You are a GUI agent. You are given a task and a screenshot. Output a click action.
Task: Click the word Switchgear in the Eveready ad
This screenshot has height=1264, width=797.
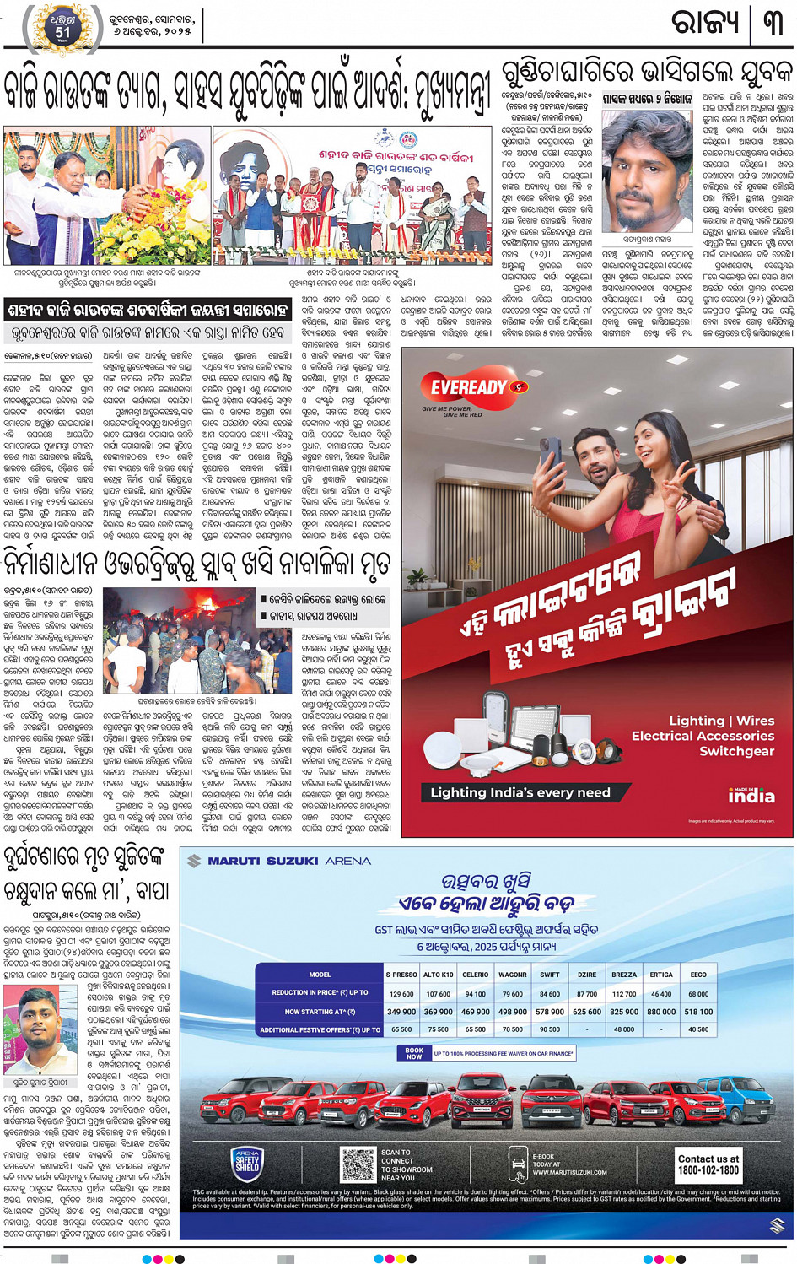point(736,751)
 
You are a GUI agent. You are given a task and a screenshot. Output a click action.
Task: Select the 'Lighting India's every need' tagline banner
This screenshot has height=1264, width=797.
point(520,792)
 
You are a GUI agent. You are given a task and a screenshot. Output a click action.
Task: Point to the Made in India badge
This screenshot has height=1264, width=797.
point(751,795)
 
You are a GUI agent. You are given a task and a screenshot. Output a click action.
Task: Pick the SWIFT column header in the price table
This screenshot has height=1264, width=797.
point(549,975)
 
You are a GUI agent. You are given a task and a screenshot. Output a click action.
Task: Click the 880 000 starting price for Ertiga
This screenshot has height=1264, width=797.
point(661,1012)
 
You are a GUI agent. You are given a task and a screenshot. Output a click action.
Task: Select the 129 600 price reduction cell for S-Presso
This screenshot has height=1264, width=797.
point(401,993)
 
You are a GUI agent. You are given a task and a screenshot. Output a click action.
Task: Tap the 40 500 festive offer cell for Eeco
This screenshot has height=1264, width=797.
point(698,1029)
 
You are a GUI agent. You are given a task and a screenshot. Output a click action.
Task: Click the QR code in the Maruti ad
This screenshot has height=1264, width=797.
point(358,1164)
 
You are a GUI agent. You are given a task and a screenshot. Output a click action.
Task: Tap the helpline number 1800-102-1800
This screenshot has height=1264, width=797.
point(708,1164)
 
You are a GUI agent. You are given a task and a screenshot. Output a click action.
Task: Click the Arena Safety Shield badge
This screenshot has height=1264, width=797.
point(247,1164)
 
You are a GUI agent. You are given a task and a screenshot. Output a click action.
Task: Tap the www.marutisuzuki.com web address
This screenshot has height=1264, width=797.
point(569,1172)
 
